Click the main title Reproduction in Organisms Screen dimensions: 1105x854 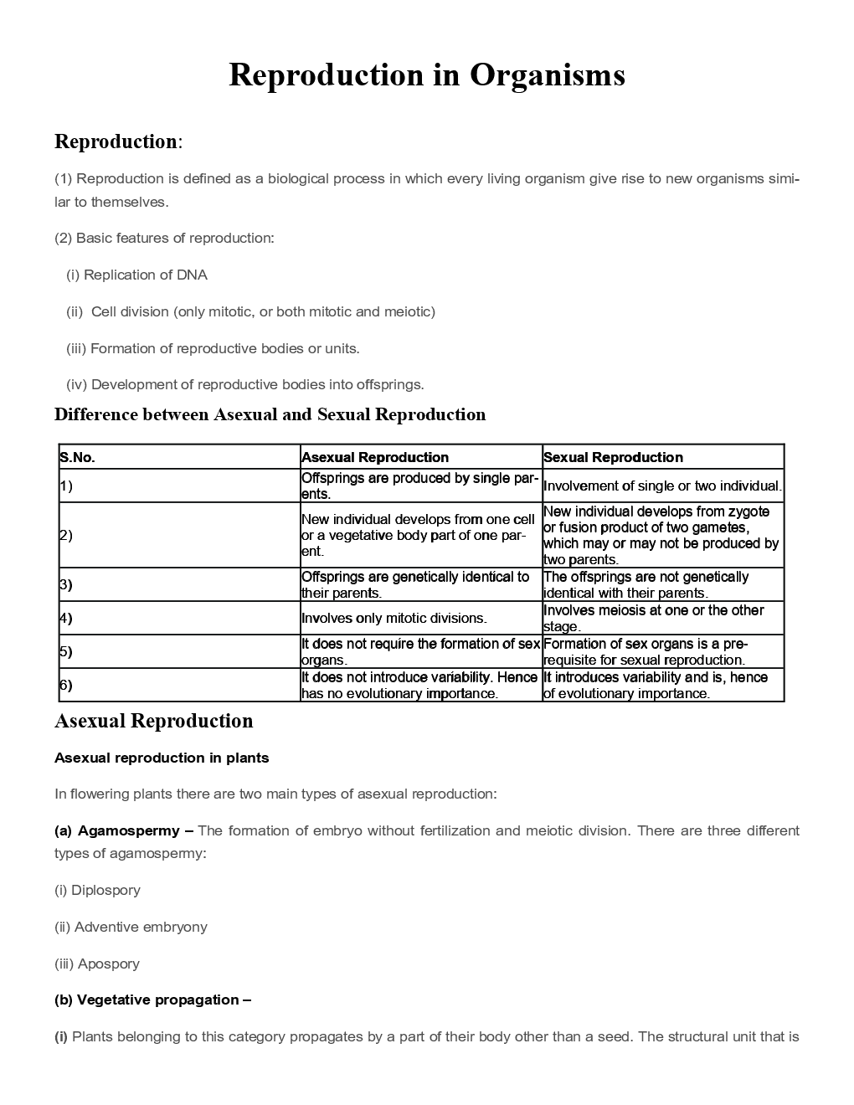pos(426,75)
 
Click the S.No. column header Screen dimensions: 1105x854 pos(77,457)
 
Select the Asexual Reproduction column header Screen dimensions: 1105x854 pos(374,457)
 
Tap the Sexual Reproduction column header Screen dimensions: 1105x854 pos(613,457)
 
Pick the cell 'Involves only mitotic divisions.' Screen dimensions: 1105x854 pos(394,618)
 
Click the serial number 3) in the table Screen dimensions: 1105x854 pos(66,584)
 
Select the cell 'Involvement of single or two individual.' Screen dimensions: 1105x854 pos(662,486)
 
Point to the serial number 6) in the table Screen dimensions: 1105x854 pos(66,685)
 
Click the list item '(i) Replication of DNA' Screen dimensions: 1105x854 pos(136,275)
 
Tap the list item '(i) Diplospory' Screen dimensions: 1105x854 pos(97,890)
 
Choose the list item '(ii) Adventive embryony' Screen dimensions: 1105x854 pos(131,927)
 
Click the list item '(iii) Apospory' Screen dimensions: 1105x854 pos(97,964)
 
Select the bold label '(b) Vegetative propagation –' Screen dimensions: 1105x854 pos(152,1000)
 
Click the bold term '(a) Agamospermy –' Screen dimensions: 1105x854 pos(124,830)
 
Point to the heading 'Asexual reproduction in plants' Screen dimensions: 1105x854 pos(162,758)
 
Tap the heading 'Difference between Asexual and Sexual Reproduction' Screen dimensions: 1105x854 pos(270,414)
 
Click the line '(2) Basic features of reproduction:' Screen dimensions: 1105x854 pos(164,238)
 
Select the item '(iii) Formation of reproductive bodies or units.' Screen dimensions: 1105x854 pos(213,348)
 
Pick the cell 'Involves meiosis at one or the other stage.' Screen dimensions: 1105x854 pos(653,618)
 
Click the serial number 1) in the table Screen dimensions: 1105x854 pos(66,486)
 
